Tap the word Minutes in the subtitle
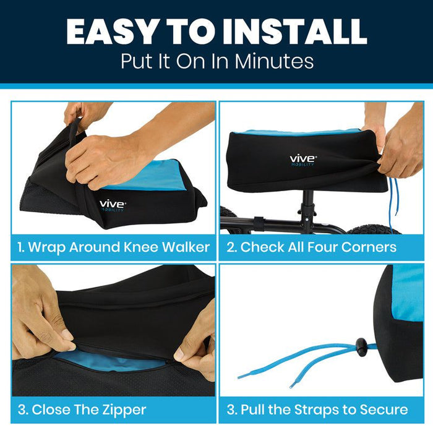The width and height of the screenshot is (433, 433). click(x=274, y=61)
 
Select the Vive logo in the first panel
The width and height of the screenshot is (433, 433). click(x=113, y=206)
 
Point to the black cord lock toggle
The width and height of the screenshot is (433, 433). click(x=361, y=345)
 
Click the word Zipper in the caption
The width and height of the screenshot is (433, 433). click(x=124, y=409)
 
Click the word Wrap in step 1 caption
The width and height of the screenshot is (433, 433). click(x=47, y=247)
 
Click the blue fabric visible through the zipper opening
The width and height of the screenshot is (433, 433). click(x=111, y=363)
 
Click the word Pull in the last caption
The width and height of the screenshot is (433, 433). click(x=252, y=409)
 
